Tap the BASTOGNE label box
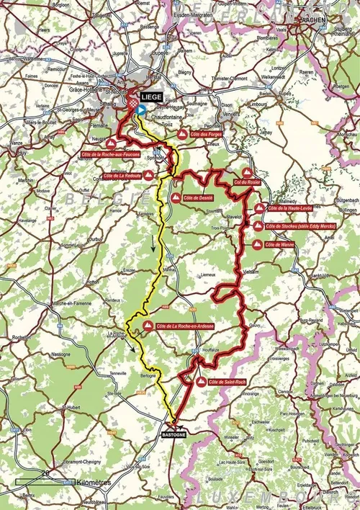tap(174, 436)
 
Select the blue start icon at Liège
tap(141, 110)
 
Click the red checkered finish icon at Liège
tap(132, 107)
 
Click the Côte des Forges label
tap(204, 135)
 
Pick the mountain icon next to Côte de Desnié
tap(176, 197)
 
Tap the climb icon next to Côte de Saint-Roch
tap(200, 381)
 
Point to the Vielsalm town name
tap(251, 271)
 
